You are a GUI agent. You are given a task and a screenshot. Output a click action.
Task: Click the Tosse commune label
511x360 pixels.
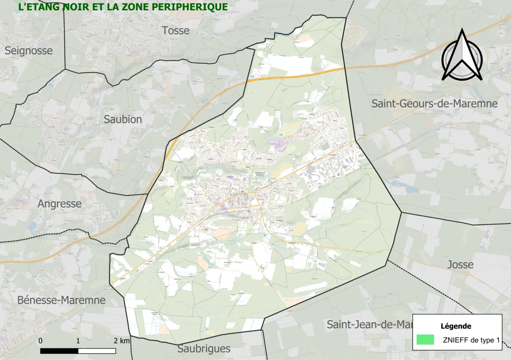pos(176,30)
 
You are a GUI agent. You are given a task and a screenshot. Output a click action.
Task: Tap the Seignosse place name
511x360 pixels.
pos(28,51)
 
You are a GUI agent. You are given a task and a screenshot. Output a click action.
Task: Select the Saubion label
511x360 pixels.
pos(123,119)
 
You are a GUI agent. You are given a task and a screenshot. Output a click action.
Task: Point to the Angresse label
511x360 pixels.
pos(59,204)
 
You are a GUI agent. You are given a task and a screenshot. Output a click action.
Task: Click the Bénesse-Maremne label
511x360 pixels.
pos(61,300)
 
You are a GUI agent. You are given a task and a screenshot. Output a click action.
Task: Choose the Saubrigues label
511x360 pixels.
pos(204,348)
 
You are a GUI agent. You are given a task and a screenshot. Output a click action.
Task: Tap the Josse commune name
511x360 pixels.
pos(460,265)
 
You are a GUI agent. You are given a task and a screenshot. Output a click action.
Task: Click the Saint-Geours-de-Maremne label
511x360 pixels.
pos(434,104)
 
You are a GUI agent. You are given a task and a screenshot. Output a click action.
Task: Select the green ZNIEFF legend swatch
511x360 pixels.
pos(425,340)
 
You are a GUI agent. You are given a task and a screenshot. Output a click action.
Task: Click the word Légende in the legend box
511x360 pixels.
pos(456,326)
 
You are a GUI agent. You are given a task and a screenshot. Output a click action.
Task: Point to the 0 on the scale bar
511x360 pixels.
pos(41,341)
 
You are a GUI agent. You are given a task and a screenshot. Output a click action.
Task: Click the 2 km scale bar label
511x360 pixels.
pos(121,341)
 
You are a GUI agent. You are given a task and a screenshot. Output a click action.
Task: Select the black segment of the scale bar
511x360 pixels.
pos(59,351)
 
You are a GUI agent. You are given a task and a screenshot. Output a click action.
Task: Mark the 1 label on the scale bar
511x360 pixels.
pos(78,341)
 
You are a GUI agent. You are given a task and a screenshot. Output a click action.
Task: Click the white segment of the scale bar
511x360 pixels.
pos(97,351)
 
